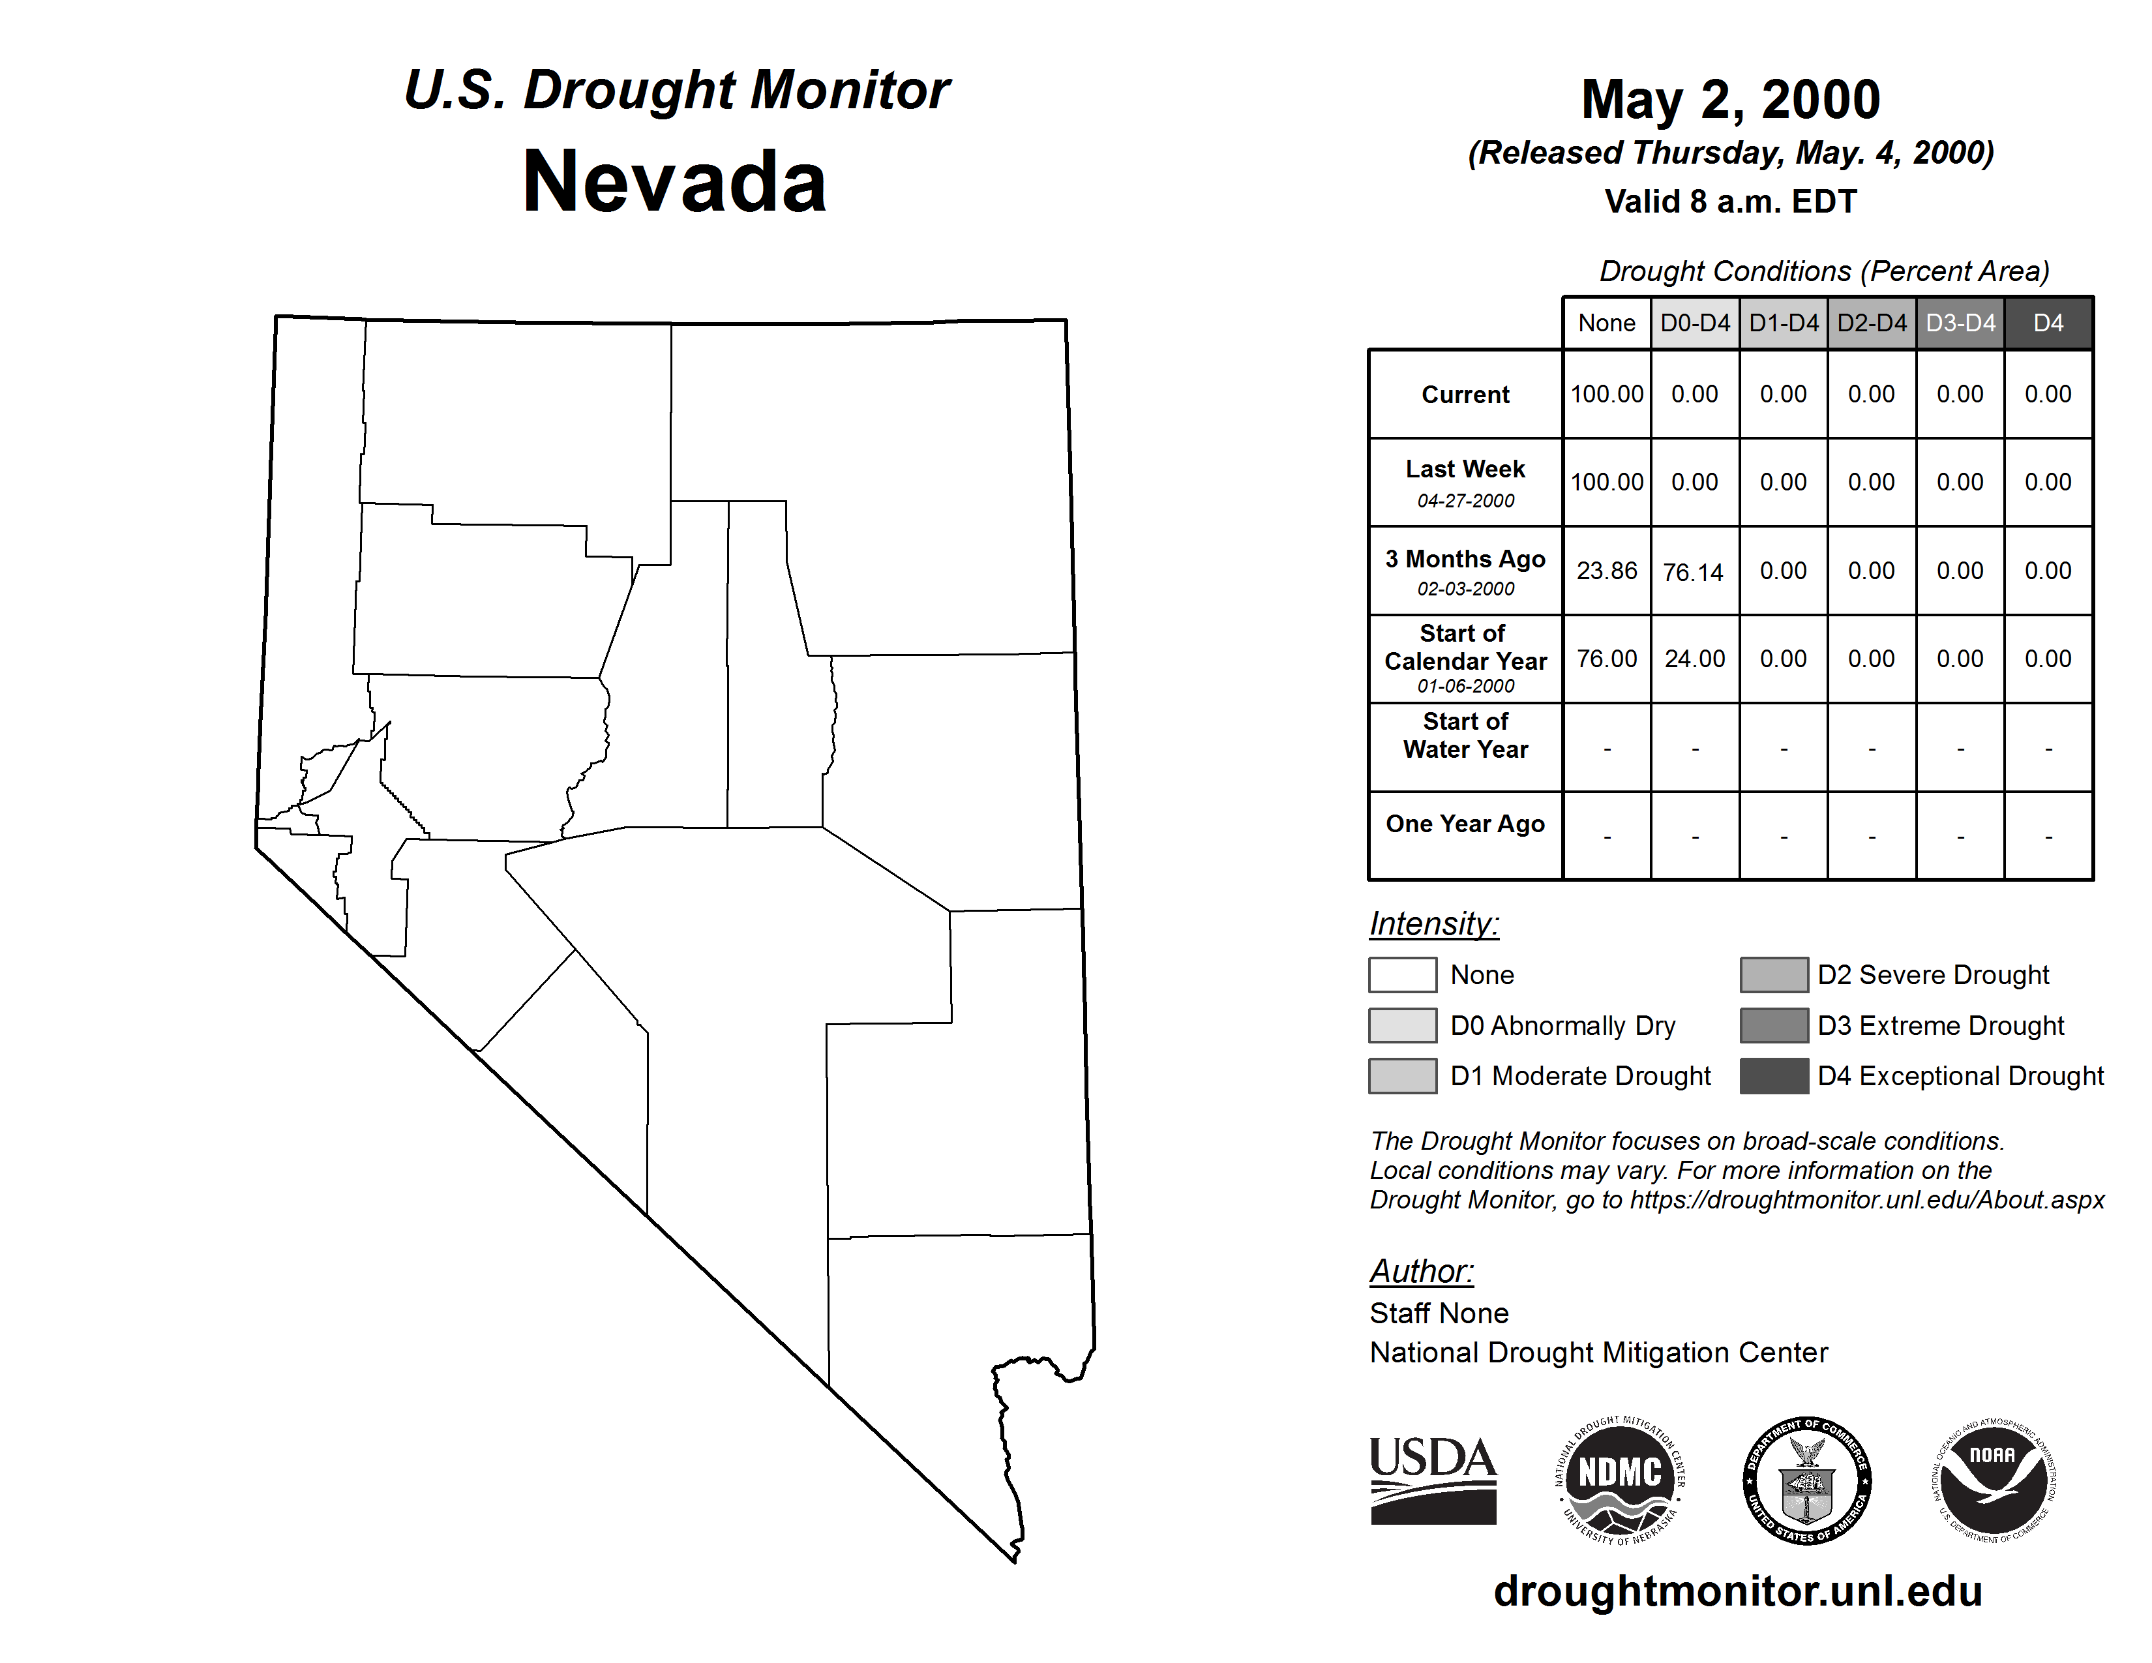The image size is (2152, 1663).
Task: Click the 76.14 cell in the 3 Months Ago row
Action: coord(1694,571)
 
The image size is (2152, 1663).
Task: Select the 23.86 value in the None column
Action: coord(1606,571)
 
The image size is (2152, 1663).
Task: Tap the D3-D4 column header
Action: coord(1960,323)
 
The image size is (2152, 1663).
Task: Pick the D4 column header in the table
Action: coord(2048,323)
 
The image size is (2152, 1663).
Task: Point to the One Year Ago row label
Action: coord(1465,824)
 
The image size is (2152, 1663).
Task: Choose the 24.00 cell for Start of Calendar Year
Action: coord(1695,658)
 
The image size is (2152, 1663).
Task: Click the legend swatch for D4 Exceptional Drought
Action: coord(1774,1076)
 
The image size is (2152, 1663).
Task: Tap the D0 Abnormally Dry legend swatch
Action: coord(1402,1025)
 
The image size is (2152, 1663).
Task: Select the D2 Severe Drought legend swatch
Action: coord(1774,974)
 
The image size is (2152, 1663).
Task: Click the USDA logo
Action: coord(1433,1480)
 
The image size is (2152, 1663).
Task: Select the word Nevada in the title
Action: coord(675,181)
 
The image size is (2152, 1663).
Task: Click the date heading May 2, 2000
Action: coord(1730,100)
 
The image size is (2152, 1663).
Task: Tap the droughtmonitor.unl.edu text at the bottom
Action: coord(1737,1591)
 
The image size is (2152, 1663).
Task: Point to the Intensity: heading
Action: coord(1433,924)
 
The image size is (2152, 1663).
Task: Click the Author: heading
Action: coord(1421,1271)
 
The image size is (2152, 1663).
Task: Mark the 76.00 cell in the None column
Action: coord(1606,658)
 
